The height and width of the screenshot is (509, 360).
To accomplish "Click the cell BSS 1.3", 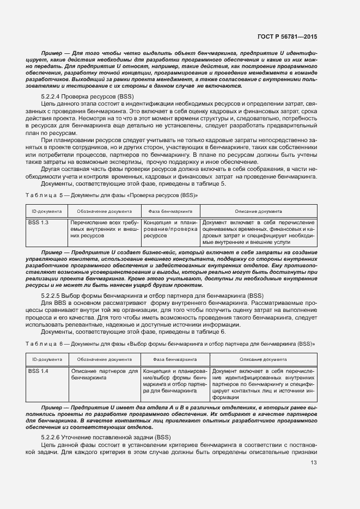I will click(x=38, y=223).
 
